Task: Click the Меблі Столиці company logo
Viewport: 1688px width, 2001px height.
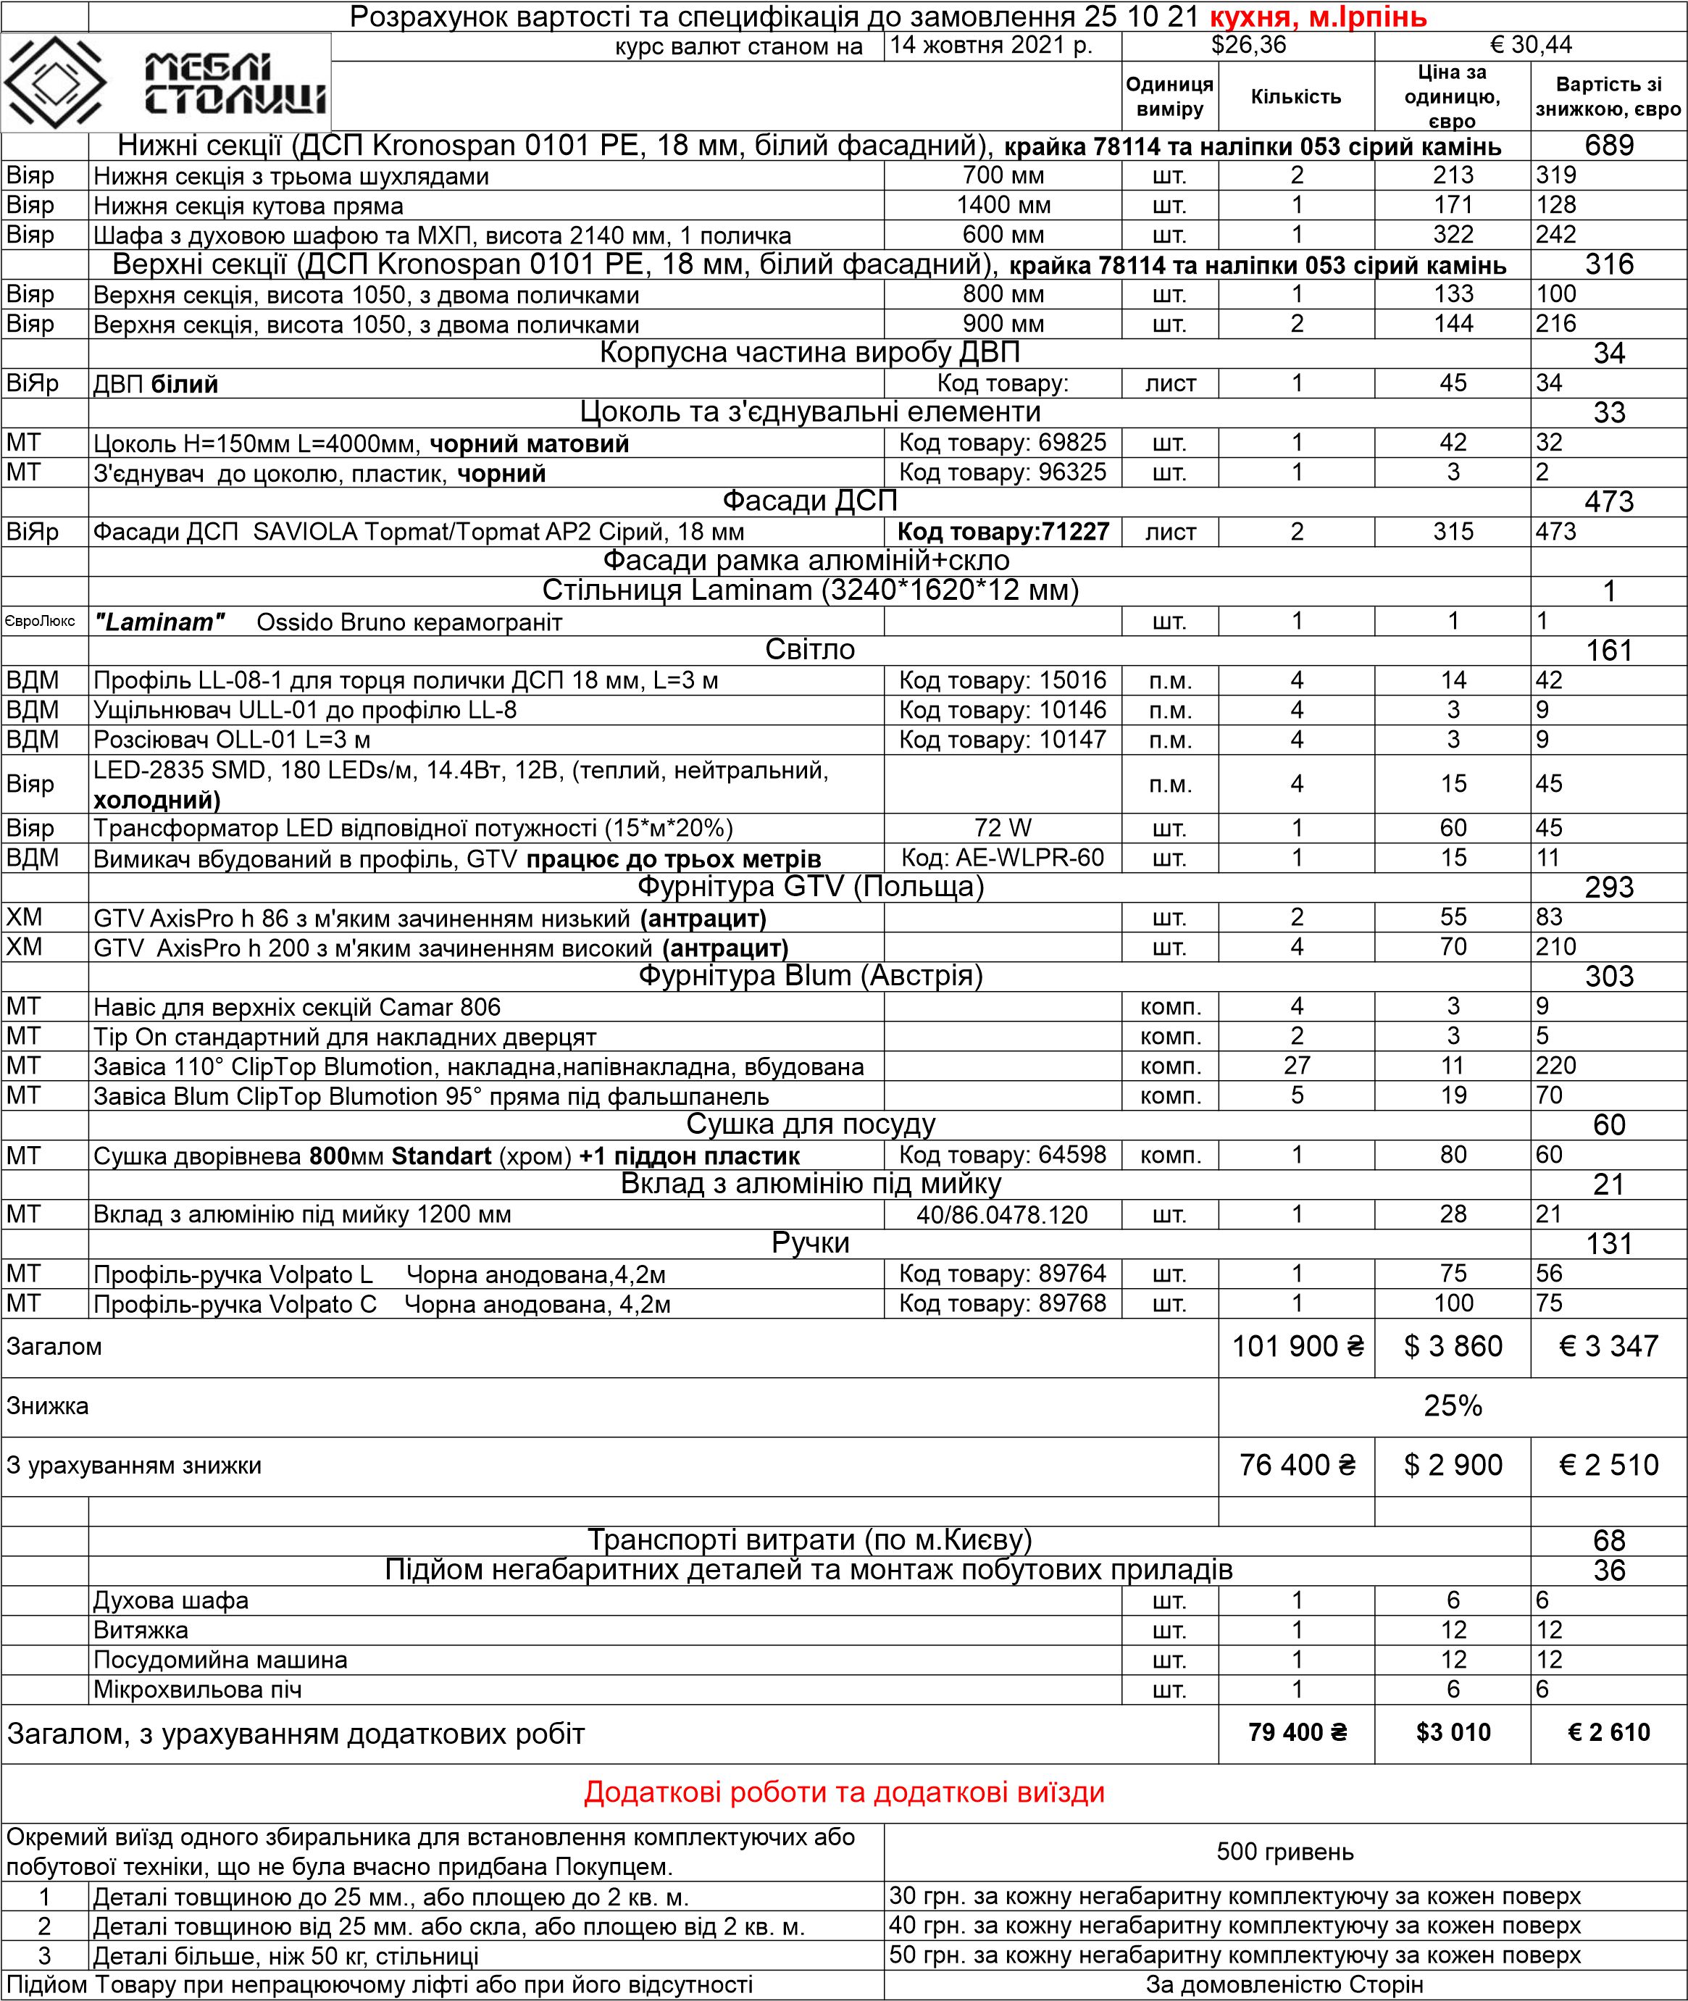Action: coord(166,83)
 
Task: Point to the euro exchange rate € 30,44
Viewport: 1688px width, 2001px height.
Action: coord(1531,46)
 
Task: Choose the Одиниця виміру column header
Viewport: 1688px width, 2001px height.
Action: coord(1169,96)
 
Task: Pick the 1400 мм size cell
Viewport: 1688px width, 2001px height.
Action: coord(1003,206)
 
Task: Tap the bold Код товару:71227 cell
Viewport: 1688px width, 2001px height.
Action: coord(1002,532)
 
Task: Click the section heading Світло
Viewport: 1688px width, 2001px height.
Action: coord(809,650)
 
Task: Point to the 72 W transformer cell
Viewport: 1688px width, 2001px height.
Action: coord(1002,828)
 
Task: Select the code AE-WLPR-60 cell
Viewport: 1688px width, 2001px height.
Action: coord(1002,858)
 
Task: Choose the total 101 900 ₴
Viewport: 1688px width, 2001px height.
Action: coord(1297,1347)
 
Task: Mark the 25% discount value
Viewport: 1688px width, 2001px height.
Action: coord(1453,1405)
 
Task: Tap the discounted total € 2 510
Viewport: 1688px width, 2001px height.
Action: coord(1608,1465)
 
